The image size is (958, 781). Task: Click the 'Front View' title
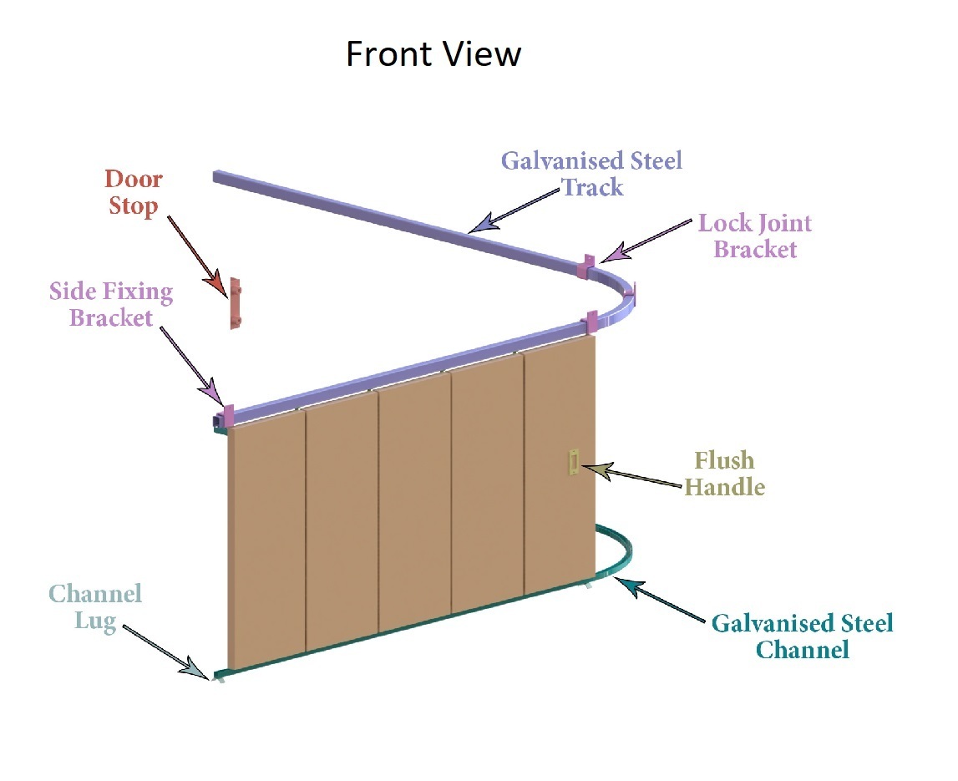tap(433, 55)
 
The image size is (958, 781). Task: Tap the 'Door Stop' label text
tap(134, 192)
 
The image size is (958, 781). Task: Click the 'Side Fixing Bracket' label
tap(111, 305)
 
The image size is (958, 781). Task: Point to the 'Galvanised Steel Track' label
tap(591, 174)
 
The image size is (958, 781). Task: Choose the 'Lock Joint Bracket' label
tap(755, 236)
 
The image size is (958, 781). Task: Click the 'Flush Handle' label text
tap(724, 474)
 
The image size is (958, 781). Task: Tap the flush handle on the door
tap(574, 462)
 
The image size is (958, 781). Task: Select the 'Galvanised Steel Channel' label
tap(802, 636)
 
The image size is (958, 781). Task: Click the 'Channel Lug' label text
tap(94, 607)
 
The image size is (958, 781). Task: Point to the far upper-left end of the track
tap(219, 176)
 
